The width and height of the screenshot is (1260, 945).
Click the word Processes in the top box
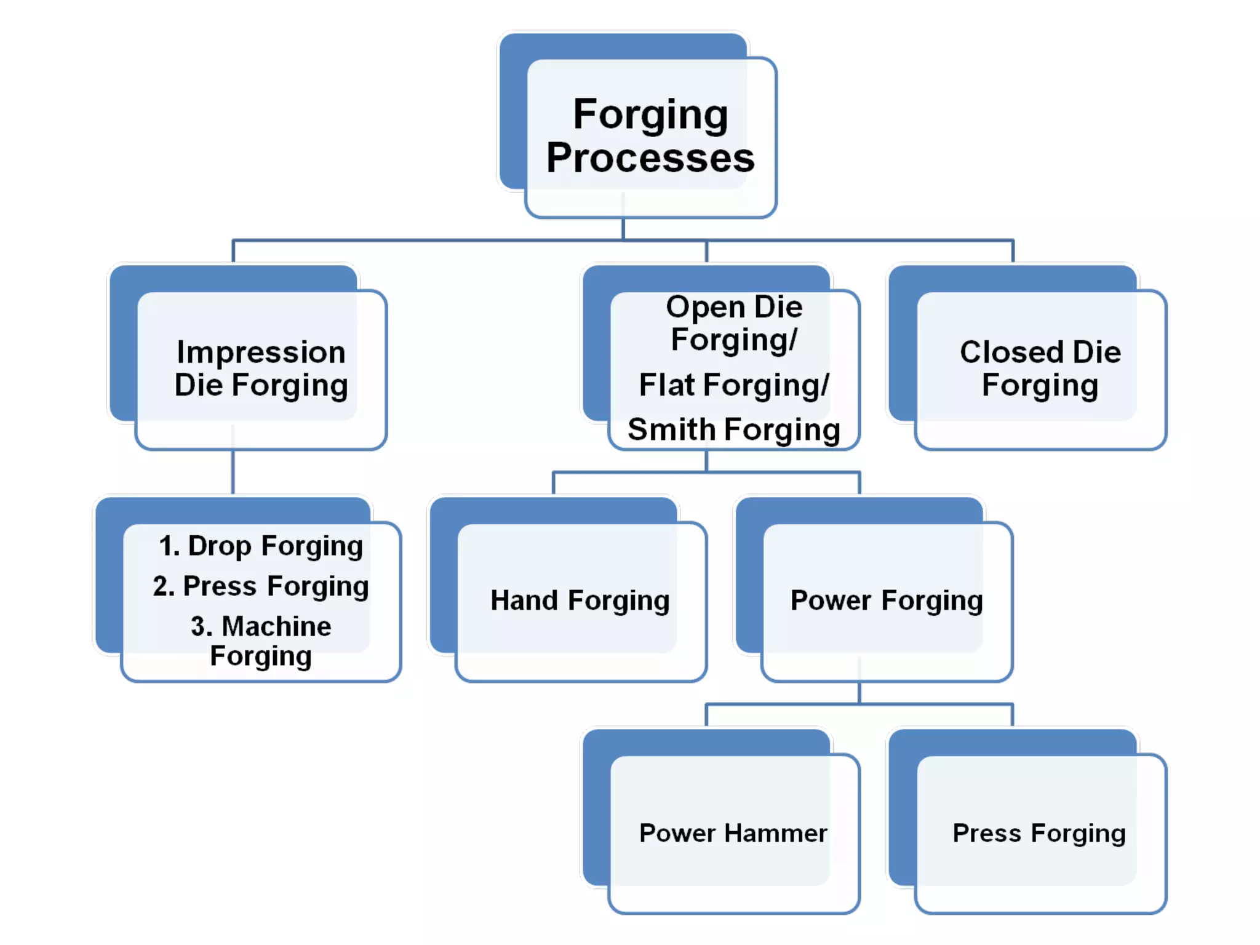tap(650, 158)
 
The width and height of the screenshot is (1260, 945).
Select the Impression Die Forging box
tap(261, 369)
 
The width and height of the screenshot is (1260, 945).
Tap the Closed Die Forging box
tap(1040, 369)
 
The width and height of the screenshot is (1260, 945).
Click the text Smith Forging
tap(733, 429)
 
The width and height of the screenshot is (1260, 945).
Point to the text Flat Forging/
tap(733, 385)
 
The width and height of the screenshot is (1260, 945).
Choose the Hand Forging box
tap(580, 600)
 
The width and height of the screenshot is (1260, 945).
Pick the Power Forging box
tap(886, 600)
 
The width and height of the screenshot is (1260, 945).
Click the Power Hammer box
tap(733, 833)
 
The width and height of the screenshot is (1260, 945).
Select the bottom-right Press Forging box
tap(1039, 833)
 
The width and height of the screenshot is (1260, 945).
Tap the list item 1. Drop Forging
tap(261, 546)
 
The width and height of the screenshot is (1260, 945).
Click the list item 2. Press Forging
tap(261, 586)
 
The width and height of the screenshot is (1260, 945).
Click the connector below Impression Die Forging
tap(233, 472)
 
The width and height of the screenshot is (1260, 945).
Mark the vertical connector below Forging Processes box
tap(623, 228)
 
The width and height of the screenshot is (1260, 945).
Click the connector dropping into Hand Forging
tap(554, 483)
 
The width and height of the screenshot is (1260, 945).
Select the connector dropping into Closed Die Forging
tap(1013, 251)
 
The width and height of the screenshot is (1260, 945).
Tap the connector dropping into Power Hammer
tap(706, 715)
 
